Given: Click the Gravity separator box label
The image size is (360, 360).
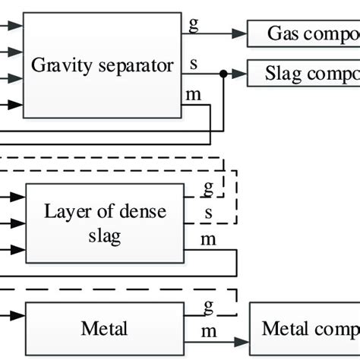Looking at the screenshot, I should pyautogui.click(x=102, y=65).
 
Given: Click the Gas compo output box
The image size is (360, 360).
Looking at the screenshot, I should pyautogui.click(x=304, y=33).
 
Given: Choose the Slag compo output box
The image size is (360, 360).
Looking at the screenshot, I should pyautogui.click(x=304, y=74).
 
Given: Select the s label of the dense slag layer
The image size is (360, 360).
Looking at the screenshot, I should pyautogui.click(x=208, y=211).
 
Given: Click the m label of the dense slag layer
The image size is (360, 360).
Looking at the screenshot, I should pyautogui.click(x=208, y=240).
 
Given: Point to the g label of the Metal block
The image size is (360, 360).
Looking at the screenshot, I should pyautogui.click(x=207, y=308).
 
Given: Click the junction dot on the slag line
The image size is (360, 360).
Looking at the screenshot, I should pyautogui.click(x=223, y=74).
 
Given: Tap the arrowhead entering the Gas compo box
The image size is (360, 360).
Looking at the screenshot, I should pyautogui.click(x=243, y=33).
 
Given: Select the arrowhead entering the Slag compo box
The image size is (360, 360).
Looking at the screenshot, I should pyautogui.click(x=243, y=74).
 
